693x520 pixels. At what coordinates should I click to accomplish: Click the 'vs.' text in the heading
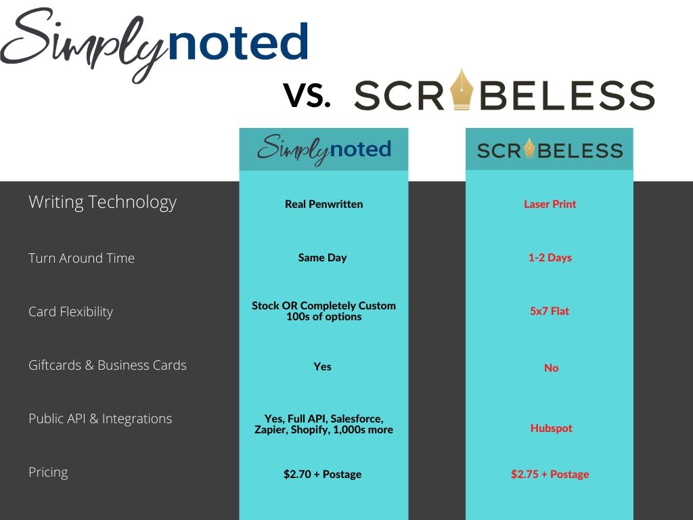(307, 95)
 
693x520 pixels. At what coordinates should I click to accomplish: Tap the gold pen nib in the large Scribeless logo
(462, 89)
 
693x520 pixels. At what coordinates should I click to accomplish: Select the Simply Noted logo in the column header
(324, 150)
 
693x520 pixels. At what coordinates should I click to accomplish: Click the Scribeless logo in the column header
(550, 149)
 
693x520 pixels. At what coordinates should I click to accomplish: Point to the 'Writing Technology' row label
(103, 202)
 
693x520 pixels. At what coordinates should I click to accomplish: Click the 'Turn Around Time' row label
(81, 258)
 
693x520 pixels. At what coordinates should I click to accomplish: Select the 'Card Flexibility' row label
(70, 311)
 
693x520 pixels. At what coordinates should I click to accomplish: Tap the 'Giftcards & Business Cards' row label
(108, 365)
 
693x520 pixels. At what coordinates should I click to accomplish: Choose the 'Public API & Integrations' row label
(100, 418)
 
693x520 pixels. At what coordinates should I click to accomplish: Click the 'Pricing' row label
(48, 472)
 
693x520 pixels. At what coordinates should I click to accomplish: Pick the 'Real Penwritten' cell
(324, 204)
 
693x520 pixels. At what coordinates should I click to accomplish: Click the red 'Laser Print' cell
(550, 204)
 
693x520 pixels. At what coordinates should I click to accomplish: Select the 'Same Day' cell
(322, 258)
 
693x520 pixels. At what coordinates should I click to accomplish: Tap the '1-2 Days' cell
(550, 258)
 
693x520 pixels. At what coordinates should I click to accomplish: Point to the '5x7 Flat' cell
(550, 311)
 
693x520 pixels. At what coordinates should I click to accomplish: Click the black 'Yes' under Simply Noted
(322, 366)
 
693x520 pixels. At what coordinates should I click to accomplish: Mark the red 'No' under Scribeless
(551, 368)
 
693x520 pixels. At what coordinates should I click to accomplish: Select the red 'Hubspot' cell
(551, 428)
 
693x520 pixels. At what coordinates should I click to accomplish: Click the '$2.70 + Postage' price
(322, 475)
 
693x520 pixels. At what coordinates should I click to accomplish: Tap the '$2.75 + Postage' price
(550, 475)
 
